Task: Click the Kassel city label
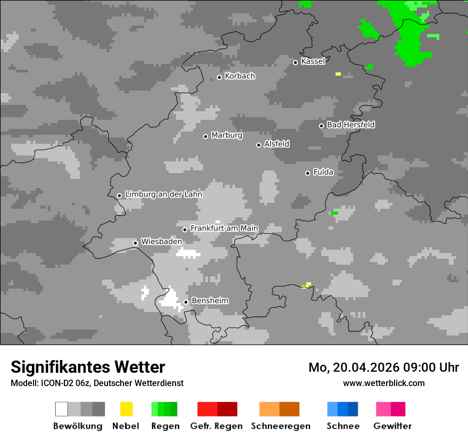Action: click(x=313, y=61)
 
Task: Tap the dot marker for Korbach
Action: click(x=219, y=77)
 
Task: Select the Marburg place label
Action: click(x=227, y=135)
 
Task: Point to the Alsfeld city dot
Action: click(x=259, y=145)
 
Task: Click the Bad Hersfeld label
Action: click(x=350, y=125)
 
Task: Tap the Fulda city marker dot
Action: click(x=307, y=173)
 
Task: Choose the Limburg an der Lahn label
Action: click(x=163, y=194)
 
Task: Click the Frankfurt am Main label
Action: click(x=224, y=228)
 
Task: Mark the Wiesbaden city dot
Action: click(x=136, y=243)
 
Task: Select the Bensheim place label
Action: click(x=210, y=301)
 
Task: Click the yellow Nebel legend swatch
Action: click(x=126, y=409)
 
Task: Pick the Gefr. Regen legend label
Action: click(x=216, y=426)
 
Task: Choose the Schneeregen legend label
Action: click(x=281, y=426)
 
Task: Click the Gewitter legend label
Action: click(x=392, y=426)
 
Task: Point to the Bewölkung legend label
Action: click(x=78, y=426)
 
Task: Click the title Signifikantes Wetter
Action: click(x=88, y=367)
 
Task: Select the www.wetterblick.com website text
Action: click(x=383, y=383)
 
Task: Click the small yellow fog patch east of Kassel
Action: click(x=338, y=74)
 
